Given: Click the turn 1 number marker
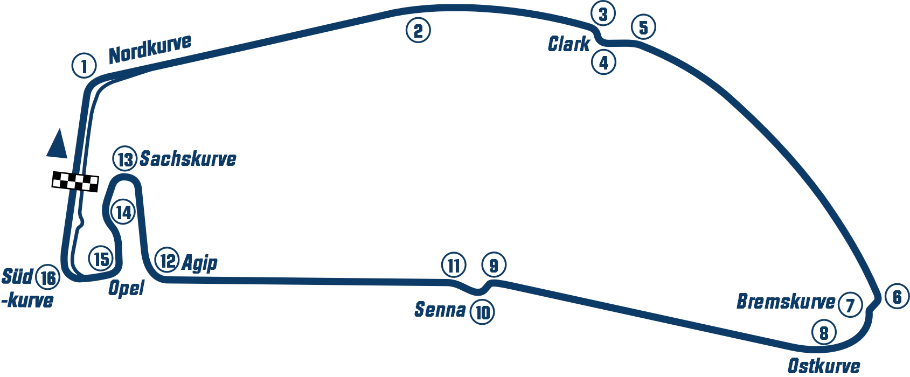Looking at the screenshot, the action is (84, 67).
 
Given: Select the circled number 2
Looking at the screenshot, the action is (418, 30).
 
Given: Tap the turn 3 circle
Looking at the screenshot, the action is (603, 15).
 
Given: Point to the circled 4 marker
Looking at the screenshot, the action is (603, 62).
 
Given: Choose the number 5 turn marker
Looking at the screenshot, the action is (643, 27).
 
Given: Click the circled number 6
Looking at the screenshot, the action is (897, 297).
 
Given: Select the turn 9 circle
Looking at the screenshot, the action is (494, 265).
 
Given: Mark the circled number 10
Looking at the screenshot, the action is (482, 312).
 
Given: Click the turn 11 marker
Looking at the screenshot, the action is (453, 265).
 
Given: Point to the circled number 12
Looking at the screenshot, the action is (167, 261).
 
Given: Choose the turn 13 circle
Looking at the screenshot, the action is (125, 160).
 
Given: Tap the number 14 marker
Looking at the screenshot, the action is (123, 212).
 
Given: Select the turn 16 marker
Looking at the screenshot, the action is (47, 278).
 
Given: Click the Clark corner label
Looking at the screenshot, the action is (567, 44).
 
